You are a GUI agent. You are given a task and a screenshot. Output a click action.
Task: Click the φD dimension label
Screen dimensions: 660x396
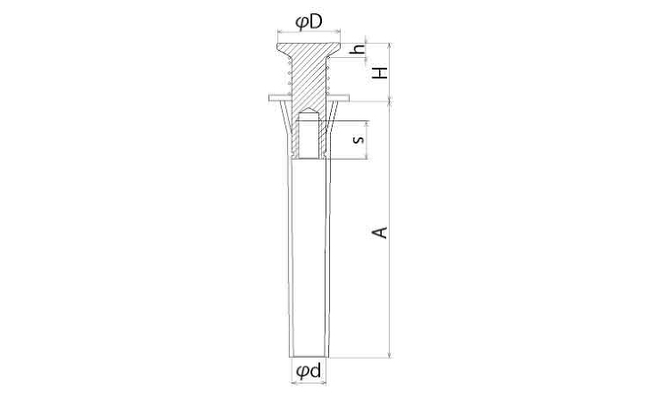tap(309, 22)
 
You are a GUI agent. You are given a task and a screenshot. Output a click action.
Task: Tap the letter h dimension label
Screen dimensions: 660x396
tap(359, 50)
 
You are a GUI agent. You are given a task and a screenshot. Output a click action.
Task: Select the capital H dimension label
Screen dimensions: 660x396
tap(381, 72)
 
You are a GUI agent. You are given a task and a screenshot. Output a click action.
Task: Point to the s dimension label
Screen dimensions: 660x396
tap(359, 139)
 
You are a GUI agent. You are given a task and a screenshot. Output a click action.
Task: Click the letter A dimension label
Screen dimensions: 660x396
tap(381, 233)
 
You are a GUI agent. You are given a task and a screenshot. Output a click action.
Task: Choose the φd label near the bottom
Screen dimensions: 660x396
tap(309, 371)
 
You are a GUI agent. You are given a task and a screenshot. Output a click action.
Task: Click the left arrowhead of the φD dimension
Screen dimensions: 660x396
tap(279, 30)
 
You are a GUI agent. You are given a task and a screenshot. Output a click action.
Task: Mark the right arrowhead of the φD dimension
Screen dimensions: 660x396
tap(337, 30)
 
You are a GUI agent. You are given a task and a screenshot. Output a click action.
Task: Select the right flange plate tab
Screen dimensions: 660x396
tap(338, 98)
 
